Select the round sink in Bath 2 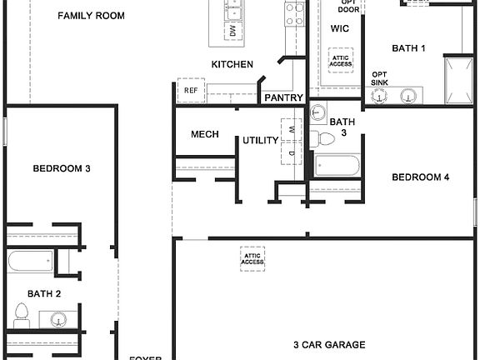coord(57,319)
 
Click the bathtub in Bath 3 coord(337,165)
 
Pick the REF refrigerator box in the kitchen coord(191,90)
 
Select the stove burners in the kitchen coord(295,13)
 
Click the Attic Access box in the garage coord(252,257)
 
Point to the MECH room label coord(205,134)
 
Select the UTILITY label coord(260,140)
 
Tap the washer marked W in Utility coord(292,128)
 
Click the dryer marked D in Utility coord(292,153)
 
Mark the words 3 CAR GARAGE coord(330,344)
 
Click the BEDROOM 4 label coord(421,177)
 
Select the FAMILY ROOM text coord(92,16)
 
